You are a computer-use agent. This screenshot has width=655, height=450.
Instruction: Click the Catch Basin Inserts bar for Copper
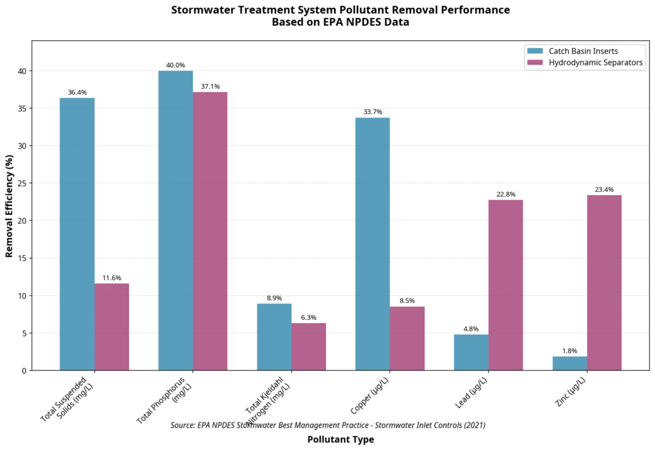click(372, 244)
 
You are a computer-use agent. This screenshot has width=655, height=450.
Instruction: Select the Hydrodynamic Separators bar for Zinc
click(604, 282)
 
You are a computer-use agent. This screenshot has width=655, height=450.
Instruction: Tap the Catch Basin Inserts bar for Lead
click(471, 352)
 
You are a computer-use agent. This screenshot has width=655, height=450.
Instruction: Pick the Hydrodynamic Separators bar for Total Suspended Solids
click(111, 326)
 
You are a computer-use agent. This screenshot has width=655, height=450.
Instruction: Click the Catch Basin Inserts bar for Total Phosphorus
click(175, 220)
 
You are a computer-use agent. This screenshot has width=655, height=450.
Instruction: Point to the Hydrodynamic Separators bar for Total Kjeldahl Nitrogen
click(308, 346)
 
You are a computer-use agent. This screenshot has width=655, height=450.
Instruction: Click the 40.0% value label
click(175, 65)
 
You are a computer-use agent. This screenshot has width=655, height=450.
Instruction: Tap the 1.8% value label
click(569, 351)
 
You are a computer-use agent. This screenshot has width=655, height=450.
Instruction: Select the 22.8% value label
click(505, 194)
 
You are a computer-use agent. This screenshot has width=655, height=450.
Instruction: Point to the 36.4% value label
click(77, 92)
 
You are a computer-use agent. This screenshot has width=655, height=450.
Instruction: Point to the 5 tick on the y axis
click(24, 333)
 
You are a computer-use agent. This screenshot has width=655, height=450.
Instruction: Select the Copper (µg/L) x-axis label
click(370, 396)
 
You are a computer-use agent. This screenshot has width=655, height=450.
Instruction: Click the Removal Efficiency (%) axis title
click(9, 205)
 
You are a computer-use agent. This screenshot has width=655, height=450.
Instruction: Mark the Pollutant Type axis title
click(340, 440)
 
